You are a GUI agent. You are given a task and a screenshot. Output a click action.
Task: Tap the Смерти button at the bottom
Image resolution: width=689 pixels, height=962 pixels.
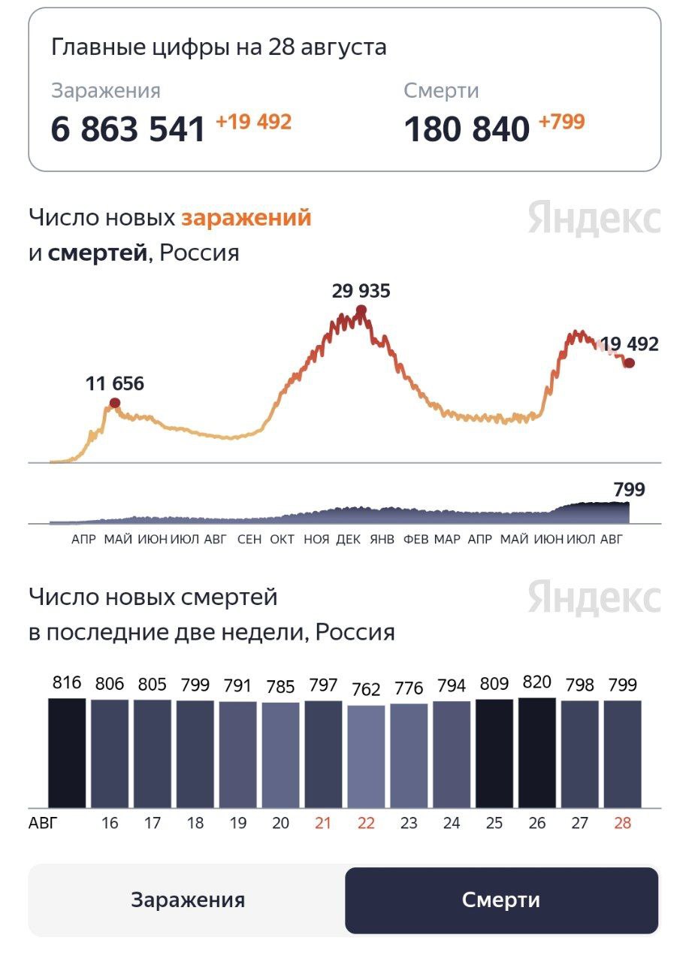501,900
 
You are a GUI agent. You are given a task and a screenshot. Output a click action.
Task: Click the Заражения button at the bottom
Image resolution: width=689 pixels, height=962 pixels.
188,900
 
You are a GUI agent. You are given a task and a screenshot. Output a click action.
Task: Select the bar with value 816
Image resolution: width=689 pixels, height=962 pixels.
67,752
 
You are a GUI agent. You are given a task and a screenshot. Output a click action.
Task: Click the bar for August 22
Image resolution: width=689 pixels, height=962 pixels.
366,756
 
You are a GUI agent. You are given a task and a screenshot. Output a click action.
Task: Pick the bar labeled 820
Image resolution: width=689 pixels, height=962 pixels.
536,752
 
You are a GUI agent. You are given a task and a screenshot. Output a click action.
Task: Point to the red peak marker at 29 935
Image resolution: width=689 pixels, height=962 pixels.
361,310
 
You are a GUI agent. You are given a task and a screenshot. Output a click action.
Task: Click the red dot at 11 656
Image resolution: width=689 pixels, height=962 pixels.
115,403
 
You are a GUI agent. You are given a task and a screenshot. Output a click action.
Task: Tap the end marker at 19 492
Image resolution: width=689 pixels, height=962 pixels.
630,363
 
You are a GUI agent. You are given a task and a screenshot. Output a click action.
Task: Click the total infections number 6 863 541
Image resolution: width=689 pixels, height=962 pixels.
128,129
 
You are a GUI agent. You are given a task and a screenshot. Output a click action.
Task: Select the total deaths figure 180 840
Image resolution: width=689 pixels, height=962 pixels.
467,129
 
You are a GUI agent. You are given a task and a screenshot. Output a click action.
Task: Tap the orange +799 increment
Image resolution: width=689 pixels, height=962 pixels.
561,122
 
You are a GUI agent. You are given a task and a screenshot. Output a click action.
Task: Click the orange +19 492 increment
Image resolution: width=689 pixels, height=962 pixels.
253,122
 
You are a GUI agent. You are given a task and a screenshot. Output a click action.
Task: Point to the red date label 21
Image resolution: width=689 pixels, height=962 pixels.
323,823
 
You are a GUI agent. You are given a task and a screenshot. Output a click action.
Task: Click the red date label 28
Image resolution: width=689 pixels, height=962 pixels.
622,823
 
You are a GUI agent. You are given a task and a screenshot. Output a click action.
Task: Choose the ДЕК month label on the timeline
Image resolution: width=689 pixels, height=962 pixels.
348,540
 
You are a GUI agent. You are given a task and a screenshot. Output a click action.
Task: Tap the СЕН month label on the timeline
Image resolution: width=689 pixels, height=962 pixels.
249,540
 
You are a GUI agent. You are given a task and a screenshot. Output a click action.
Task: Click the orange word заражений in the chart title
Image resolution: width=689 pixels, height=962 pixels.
246,218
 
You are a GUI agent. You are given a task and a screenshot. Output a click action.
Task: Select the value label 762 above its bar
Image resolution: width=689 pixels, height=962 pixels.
366,689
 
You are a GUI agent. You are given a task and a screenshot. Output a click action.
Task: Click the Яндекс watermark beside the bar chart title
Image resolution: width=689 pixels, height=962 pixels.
594,598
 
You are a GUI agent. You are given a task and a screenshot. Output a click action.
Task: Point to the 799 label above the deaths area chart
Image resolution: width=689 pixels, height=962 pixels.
629,490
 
